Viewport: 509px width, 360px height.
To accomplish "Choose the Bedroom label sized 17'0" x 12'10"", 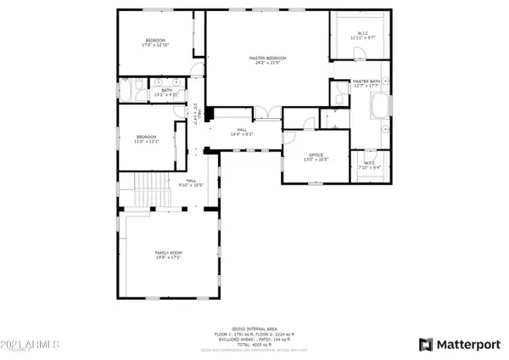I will tap(155, 43).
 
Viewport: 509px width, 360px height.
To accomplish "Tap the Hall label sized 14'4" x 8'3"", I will tap(243, 132).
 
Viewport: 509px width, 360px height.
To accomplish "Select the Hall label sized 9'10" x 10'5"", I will tap(191, 183).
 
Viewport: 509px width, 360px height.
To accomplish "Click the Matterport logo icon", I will tap(426, 344).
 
